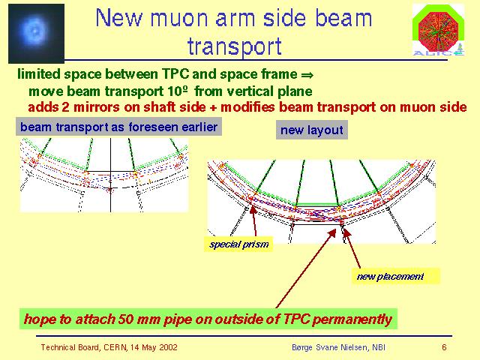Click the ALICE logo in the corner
click(438, 30)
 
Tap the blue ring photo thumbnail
click(36, 33)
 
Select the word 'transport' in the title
click(235, 46)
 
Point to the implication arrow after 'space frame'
click(307, 75)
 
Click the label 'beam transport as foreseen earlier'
click(118, 127)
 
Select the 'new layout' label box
click(312, 130)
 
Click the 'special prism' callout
click(238, 244)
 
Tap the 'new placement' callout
click(395, 276)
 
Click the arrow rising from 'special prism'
click(254, 221)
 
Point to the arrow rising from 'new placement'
click(352, 248)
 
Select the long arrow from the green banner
click(306, 268)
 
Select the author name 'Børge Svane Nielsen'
click(330, 347)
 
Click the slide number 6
click(444, 347)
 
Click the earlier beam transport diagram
click(104, 175)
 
